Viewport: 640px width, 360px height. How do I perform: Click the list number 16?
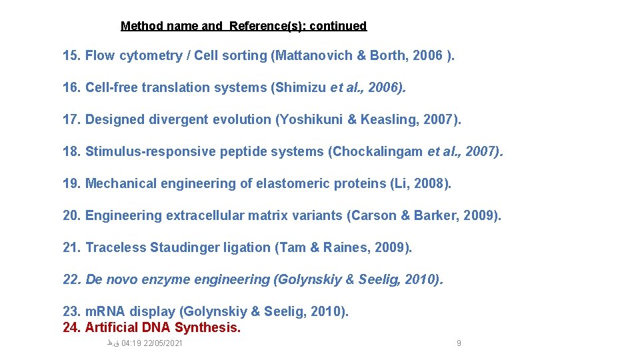[71, 87]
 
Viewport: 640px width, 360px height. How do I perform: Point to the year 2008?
[429, 183]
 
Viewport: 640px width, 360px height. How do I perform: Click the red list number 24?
[71, 327]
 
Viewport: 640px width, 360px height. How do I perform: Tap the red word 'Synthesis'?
[207, 327]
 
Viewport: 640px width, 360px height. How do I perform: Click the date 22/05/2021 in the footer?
[163, 343]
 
